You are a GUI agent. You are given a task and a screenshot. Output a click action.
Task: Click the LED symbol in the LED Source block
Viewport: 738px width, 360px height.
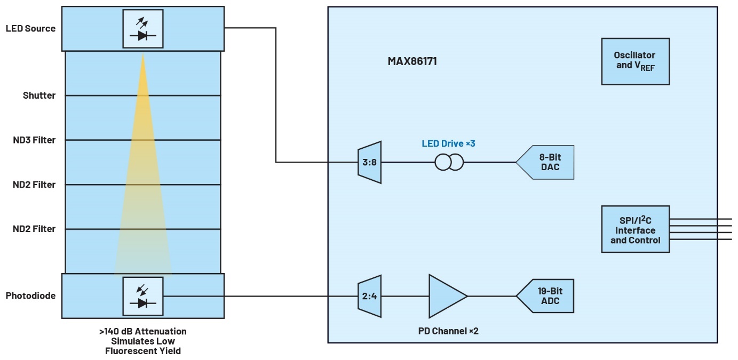pos(142,29)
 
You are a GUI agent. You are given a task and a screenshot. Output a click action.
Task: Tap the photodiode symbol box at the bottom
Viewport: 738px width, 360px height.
pos(142,296)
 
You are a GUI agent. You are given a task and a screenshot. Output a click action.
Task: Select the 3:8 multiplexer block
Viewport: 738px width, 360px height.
pos(369,162)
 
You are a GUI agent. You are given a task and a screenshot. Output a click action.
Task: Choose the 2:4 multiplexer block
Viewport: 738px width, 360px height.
pos(369,296)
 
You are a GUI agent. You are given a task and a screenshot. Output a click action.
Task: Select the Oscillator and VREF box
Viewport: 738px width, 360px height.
pos(635,61)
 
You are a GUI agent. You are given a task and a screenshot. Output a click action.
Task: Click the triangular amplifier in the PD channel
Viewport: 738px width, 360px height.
pos(447,296)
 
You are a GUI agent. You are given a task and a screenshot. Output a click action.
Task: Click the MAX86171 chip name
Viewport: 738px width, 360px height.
pos(412,61)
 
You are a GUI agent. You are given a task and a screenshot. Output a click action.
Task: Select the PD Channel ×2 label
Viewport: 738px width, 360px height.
pos(448,331)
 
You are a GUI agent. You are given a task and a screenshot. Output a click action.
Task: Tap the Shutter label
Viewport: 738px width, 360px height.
pos(39,95)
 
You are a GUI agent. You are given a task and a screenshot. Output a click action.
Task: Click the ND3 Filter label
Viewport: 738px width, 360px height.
pos(34,140)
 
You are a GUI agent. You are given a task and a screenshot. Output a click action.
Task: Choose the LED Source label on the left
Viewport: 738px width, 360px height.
pos(30,28)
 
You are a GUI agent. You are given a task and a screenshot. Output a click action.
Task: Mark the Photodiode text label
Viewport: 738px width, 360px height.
pos(30,295)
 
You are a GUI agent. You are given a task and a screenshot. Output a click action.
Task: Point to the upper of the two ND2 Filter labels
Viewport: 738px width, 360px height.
pos(34,185)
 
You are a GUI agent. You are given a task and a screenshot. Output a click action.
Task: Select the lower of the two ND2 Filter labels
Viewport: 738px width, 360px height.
pos(34,229)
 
